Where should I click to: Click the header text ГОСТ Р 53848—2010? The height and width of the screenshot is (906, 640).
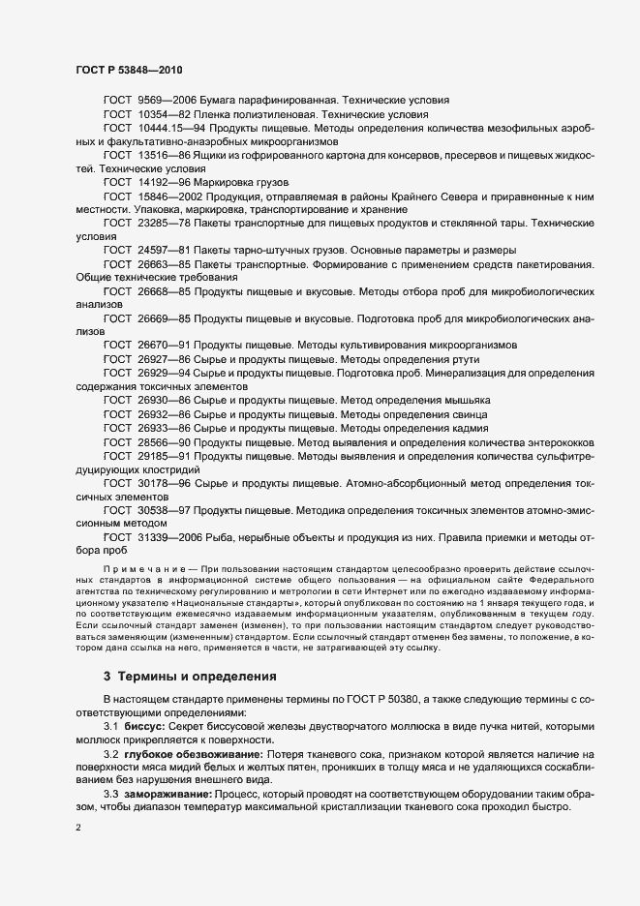(x=128, y=71)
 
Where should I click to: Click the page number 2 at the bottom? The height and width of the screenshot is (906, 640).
(x=78, y=830)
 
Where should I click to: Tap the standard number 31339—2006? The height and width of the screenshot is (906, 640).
(x=169, y=535)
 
